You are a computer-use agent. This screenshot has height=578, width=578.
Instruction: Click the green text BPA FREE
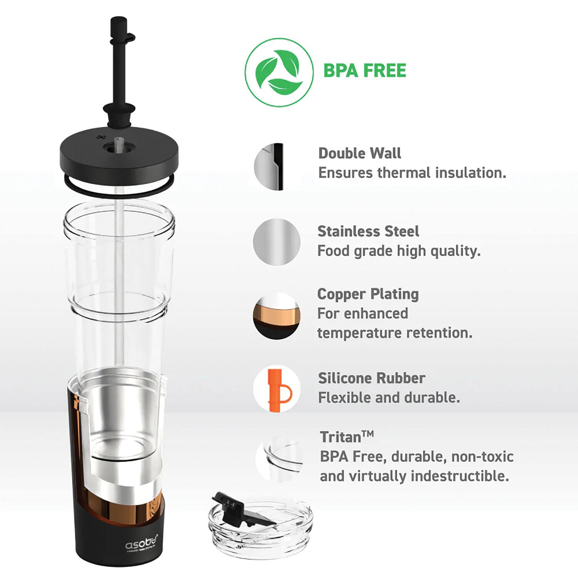(365, 71)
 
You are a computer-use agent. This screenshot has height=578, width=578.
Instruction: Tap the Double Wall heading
(360, 153)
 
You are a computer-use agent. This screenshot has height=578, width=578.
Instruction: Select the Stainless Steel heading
(368, 231)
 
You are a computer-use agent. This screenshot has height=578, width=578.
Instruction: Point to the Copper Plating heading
(368, 294)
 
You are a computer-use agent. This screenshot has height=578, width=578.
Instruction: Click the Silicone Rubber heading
(371, 378)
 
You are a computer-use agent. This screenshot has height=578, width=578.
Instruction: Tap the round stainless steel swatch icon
(277, 242)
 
